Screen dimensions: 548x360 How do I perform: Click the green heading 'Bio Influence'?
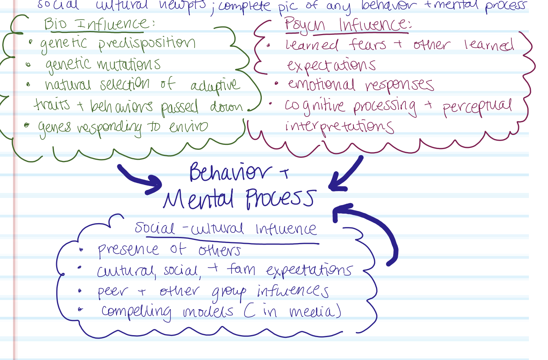pyautogui.click(x=99, y=24)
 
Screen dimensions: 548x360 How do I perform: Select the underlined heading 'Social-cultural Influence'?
pyautogui.click(x=225, y=229)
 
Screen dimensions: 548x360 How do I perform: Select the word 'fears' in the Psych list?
pyautogui.click(x=367, y=45)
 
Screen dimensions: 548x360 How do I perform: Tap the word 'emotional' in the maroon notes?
pyautogui.click(x=321, y=84)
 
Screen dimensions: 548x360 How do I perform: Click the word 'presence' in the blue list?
pyautogui.click(x=128, y=250)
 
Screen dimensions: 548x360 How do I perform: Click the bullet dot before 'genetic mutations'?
pyautogui.click(x=28, y=65)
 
